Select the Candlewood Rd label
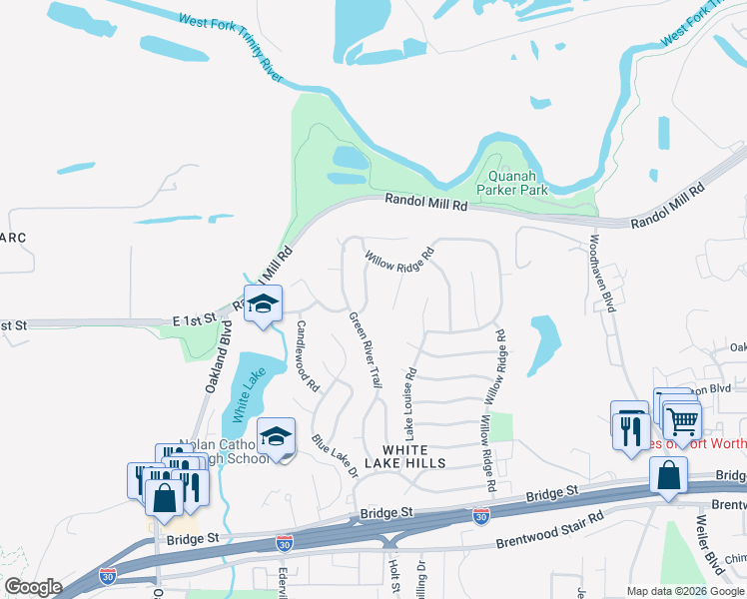click(x=307, y=355)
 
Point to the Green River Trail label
click(x=366, y=350)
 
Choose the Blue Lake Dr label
click(x=334, y=455)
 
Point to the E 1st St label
click(x=194, y=319)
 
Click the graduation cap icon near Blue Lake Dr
click(x=276, y=436)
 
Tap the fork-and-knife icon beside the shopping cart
click(x=630, y=428)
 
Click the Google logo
click(x=33, y=587)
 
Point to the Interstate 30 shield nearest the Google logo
click(x=108, y=575)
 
